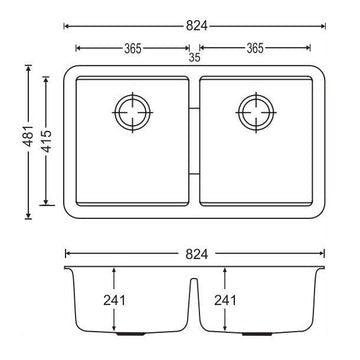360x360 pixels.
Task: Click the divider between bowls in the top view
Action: (x=196, y=140)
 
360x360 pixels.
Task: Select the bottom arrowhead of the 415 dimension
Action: (x=45, y=205)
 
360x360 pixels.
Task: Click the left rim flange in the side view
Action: (x=67, y=268)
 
